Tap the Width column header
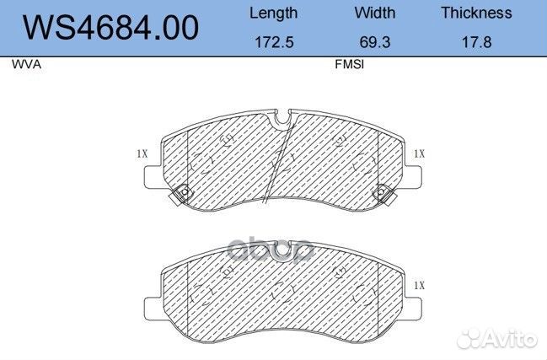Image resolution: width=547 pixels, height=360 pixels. [375, 13]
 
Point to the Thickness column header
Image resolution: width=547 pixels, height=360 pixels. [476, 13]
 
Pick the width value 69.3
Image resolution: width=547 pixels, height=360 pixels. [375, 41]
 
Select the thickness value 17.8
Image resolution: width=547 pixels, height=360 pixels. [476, 41]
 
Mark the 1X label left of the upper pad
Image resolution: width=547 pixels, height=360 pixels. [142, 153]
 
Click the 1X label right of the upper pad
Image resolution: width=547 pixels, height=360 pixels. [419, 153]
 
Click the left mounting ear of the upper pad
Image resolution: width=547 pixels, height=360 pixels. [153, 178]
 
